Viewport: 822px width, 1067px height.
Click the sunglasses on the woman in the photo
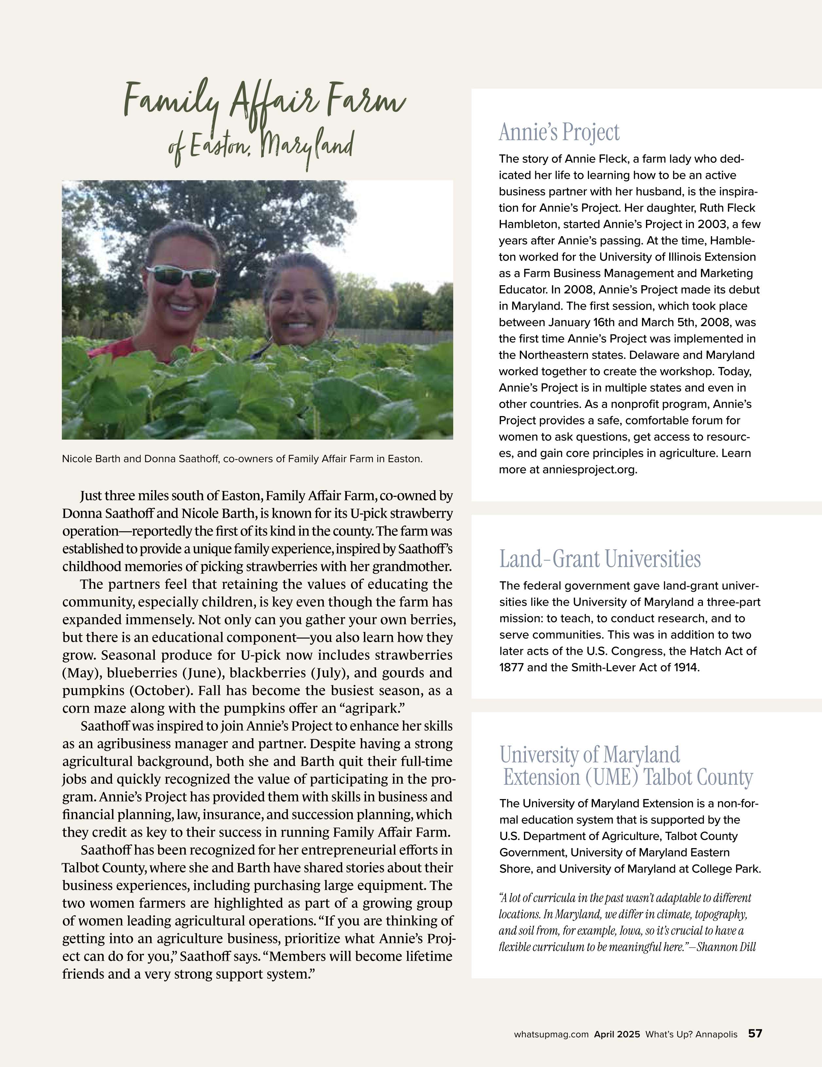coord(183,276)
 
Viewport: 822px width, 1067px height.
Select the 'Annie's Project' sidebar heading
coord(559,132)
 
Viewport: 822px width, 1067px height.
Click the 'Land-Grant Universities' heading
coord(599,559)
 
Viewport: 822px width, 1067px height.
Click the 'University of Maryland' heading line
coord(589,755)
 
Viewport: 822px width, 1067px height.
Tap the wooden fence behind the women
coord(391,336)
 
